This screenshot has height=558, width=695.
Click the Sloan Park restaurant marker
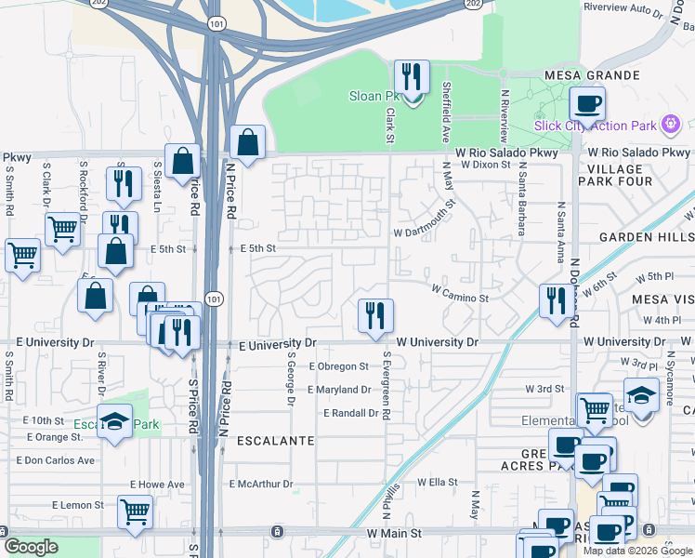pos(410,78)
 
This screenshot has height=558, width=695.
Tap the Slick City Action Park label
pos(595,126)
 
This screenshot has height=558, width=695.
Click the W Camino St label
pos(459,299)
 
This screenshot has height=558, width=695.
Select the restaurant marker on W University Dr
pos(376,316)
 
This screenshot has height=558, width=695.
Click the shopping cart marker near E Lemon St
pos(136,511)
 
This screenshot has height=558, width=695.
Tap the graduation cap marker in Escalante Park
pos(114,421)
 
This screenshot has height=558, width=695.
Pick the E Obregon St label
pos(339,366)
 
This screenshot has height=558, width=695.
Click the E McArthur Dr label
pos(261,484)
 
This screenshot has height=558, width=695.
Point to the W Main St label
pos(394,533)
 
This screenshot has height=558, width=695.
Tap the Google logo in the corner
pos(32,546)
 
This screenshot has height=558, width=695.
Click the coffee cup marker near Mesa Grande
pos(586,103)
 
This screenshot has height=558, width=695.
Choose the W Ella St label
pos(438,482)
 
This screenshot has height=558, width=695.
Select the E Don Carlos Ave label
pos(56,460)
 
